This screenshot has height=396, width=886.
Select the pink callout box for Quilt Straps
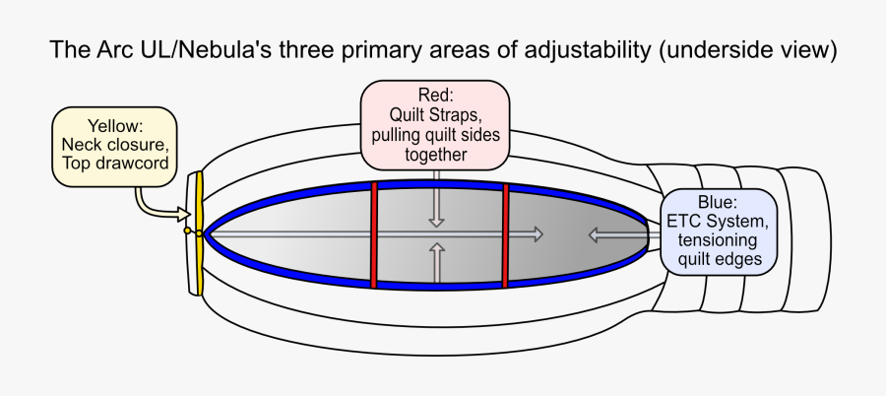435,123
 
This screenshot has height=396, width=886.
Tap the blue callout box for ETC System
717,231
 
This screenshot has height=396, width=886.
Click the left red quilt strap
374,233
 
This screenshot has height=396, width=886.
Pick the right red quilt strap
505,233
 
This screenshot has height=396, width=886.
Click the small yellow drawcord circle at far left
187,231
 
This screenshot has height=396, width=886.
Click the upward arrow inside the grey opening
435,260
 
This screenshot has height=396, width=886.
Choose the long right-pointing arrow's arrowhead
535,234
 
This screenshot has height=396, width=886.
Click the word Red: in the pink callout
435,97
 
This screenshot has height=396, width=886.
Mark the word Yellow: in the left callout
115,126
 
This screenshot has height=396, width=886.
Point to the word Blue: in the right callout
717,204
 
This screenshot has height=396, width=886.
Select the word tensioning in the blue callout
717,240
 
